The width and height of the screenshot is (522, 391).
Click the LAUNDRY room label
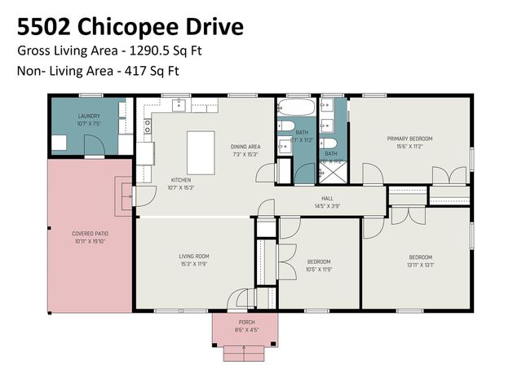pyautogui.click(x=89, y=116)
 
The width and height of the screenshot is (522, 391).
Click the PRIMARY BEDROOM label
pyautogui.click(x=409, y=138)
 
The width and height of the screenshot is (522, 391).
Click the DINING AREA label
pyautogui.click(x=245, y=146)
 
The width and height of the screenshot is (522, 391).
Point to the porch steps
pyautogui.click(x=246, y=352)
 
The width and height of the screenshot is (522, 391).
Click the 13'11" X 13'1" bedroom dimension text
pyautogui.click(x=420, y=263)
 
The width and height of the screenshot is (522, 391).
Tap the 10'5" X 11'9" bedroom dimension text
pyautogui.click(x=318, y=269)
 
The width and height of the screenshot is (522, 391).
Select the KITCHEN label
pyautogui.click(x=181, y=179)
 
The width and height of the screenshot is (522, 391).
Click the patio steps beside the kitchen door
pyautogui.click(x=126, y=195)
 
